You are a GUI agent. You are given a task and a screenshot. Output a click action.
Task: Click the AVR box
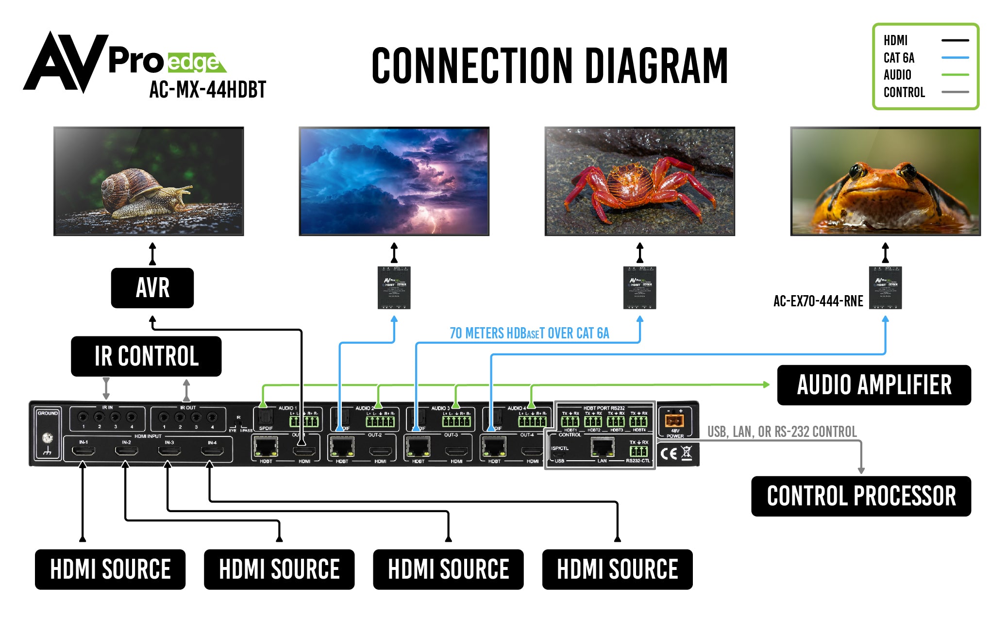(x=152, y=288)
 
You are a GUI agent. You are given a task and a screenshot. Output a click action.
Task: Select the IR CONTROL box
(x=146, y=356)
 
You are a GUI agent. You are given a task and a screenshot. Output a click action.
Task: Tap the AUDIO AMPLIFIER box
(x=873, y=385)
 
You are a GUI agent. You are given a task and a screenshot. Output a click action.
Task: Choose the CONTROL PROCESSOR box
(x=860, y=496)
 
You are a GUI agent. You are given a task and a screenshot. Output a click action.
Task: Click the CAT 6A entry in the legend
(x=899, y=58)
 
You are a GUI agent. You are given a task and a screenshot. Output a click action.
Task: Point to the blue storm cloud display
(x=394, y=181)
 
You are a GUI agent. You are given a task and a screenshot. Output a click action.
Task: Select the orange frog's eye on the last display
(x=857, y=171)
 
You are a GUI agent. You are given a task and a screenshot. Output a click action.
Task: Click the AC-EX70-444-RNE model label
(x=818, y=301)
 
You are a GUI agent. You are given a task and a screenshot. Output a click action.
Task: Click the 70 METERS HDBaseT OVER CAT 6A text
(x=529, y=334)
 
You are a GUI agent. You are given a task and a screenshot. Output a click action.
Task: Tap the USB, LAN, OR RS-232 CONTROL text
(x=782, y=432)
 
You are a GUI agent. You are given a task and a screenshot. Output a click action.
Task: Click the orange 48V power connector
(x=674, y=420)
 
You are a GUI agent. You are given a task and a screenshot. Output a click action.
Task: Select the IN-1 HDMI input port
(x=84, y=451)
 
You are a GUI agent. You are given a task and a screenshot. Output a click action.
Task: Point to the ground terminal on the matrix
(x=48, y=438)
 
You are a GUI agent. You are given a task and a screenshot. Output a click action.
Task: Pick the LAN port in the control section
(x=602, y=447)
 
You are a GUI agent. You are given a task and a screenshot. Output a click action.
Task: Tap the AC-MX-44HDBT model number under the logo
(x=208, y=90)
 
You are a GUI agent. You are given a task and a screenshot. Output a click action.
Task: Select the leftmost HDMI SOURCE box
(x=110, y=569)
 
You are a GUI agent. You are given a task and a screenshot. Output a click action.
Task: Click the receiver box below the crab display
(x=639, y=287)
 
